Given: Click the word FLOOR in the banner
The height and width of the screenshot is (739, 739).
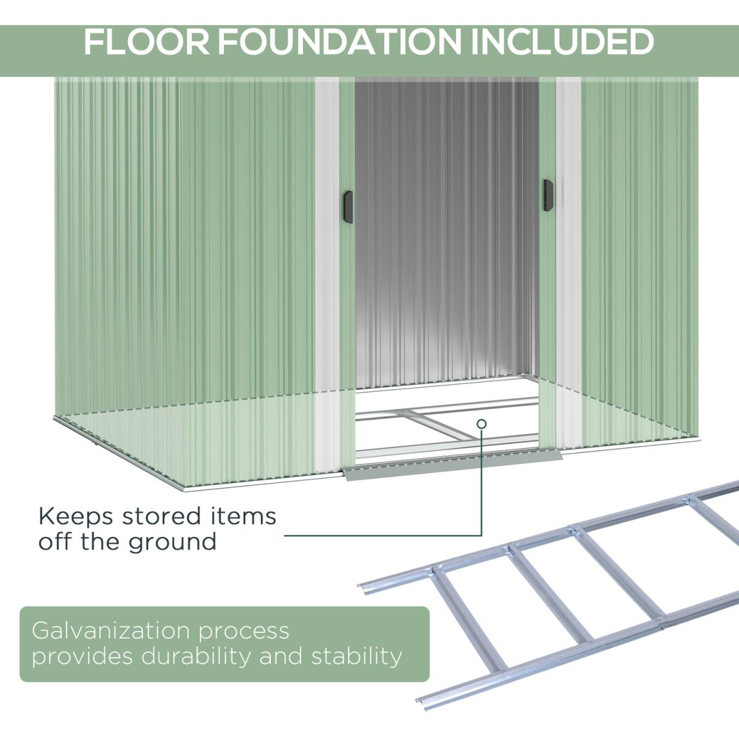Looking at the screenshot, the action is (147, 42).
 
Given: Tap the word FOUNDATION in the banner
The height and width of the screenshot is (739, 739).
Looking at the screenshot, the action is (340, 42).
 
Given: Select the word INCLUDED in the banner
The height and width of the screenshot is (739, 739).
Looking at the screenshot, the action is (562, 42).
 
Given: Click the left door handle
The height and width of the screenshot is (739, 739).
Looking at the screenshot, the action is (348, 207).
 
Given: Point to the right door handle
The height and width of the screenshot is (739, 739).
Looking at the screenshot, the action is (548, 195).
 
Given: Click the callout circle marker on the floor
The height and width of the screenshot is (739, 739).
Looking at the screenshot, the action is (482, 424).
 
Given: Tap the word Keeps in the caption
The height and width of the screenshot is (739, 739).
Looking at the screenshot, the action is (76, 517).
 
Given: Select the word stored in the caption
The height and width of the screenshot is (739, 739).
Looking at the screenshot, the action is (161, 516).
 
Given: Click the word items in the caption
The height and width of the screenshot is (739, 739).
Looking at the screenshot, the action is (243, 516).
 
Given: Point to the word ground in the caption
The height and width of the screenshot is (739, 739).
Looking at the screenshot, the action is (172, 543).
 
